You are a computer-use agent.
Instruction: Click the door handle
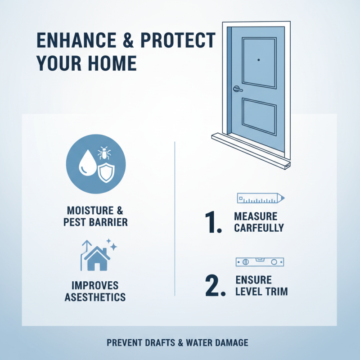pos(237,89)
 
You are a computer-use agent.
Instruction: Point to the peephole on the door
pos(259,60)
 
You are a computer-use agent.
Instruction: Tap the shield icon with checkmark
pos(106,172)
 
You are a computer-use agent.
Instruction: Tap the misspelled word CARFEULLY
pos(259,228)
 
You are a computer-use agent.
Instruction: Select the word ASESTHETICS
pos(95,297)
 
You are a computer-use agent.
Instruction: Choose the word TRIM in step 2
pos(275,292)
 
